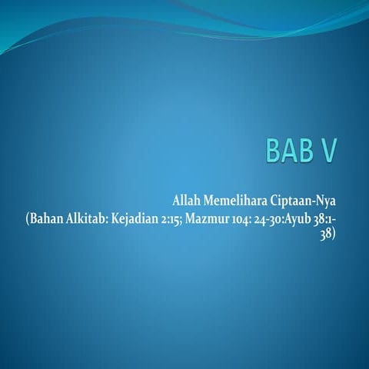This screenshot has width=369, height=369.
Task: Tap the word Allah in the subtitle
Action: point(187,203)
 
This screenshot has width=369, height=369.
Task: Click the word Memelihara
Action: point(237,203)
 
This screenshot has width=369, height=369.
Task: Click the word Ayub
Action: point(315,221)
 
